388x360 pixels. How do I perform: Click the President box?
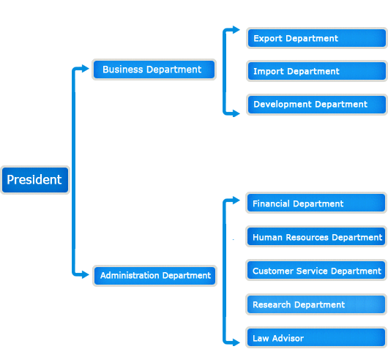click(x=35, y=180)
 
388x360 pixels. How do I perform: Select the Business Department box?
click(x=154, y=70)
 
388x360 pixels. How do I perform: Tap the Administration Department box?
click(x=154, y=276)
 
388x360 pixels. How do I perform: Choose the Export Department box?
click(x=317, y=38)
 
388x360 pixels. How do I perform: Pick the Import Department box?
click(x=317, y=71)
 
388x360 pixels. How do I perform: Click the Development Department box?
click(x=317, y=105)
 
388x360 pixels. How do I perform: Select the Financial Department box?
click(x=316, y=203)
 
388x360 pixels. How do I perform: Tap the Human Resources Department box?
click(x=316, y=236)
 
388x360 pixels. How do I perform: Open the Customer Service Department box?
click(x=316, y=270)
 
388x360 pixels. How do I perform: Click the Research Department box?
click(x=316, y=304)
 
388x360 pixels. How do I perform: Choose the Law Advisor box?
click(x=316, y=338)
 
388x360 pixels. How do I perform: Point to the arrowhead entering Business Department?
click(x=86, y=69)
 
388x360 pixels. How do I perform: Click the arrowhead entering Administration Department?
click(x=86, y=274)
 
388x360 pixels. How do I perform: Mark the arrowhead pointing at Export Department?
click(x=236, y=30)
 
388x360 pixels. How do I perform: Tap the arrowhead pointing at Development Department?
click(x=236, y=113)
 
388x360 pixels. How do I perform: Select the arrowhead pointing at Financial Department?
click(x=236, y=200)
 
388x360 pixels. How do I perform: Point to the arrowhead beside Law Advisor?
click(x=236, y=342)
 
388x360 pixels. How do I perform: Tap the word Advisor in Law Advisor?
click(x=288, y=338)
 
